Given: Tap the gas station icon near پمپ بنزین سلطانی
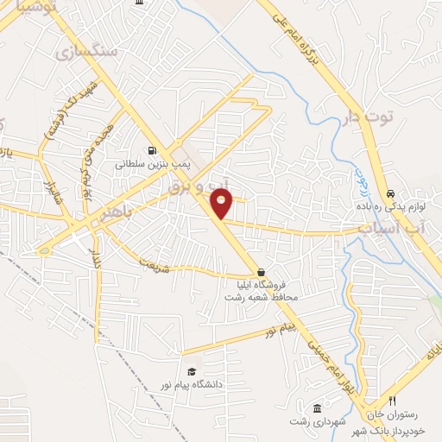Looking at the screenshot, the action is click(x=152, y=148).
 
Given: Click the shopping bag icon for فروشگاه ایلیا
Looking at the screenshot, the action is click(x=261, y=272).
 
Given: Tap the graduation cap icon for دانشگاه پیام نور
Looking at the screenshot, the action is click(x=192, y=371).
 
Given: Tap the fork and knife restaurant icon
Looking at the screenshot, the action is click(x=392, y=401).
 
